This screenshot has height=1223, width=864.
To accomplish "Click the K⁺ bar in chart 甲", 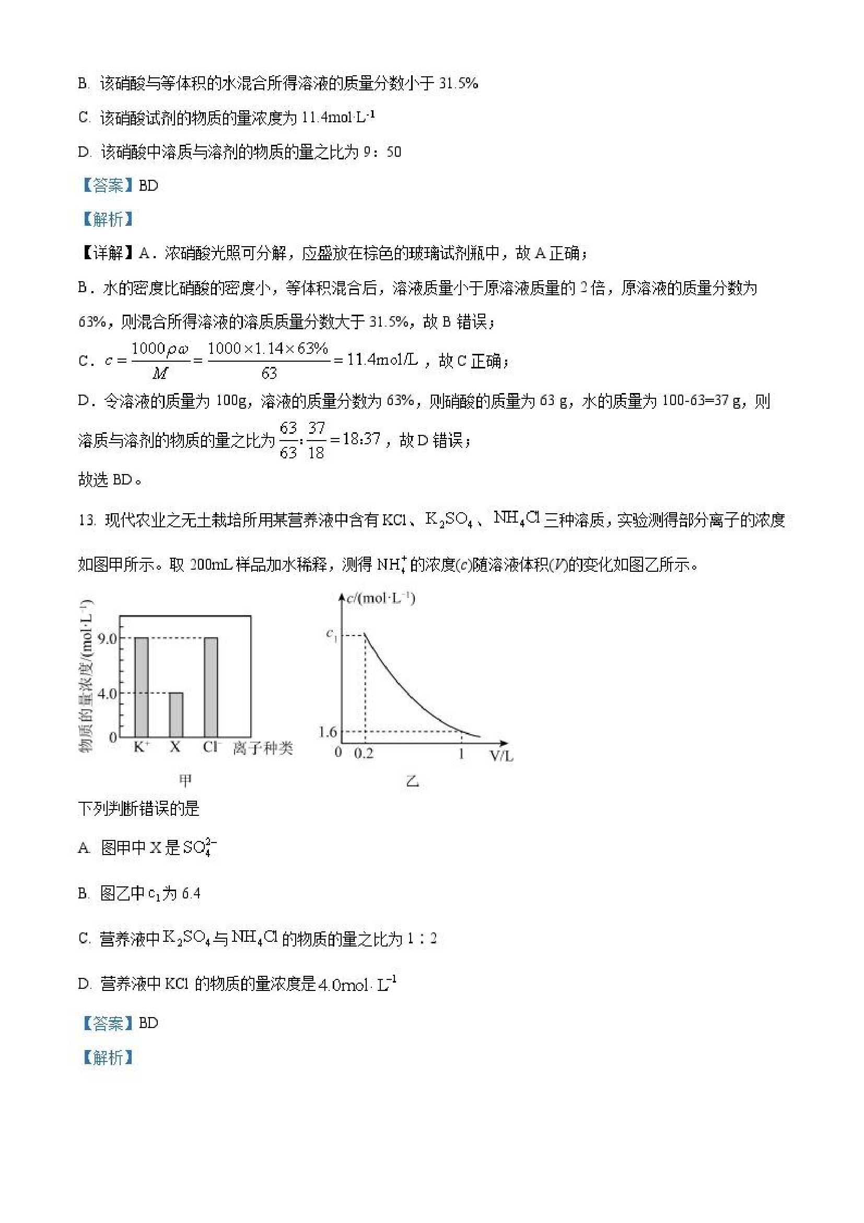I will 141,687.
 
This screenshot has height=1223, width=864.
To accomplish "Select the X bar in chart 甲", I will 176,714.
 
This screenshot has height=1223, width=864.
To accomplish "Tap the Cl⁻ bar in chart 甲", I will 211,687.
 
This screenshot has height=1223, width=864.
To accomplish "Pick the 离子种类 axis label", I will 263,748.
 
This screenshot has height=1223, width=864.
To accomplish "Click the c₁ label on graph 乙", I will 332,634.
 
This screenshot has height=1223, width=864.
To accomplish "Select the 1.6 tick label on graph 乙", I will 328,732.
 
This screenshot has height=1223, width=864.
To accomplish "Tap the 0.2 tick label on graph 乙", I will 364,754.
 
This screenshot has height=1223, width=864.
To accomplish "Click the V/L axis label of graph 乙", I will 501,755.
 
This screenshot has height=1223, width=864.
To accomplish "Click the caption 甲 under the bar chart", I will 185,780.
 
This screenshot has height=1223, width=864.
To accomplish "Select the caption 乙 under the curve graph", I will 413,781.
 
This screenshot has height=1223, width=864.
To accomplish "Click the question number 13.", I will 86,520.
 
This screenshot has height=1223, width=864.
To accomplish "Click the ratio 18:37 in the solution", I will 361,439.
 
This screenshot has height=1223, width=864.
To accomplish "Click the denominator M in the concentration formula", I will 160,374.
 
